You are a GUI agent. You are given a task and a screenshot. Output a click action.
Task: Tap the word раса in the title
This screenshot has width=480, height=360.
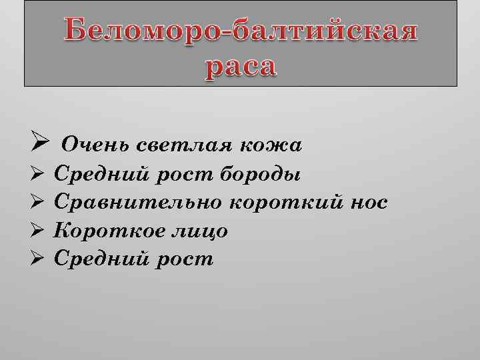(x=239, y=67)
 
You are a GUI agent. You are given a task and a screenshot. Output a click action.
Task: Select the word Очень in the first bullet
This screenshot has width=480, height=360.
(x=95, y=145)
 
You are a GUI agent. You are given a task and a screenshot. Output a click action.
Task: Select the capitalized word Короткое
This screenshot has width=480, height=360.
(x=105, y=231)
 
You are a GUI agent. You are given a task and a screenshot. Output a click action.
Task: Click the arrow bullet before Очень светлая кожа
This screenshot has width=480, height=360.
(x=38, y=143)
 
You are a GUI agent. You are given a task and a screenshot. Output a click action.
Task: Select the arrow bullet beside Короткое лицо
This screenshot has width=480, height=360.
(x=38, y=230)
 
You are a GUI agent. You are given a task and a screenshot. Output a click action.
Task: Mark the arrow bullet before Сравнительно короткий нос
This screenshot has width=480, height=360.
(x=38, y=202)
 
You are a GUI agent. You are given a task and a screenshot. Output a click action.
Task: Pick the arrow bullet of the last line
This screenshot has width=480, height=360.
(x=38, y=258)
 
